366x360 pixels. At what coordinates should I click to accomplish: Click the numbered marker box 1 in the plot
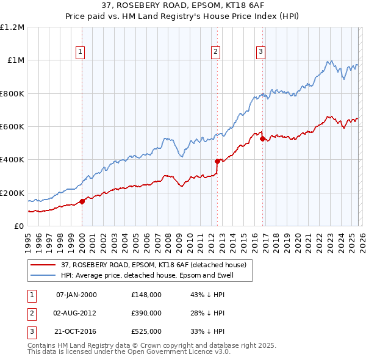pyautogui.click(x=81, y=52)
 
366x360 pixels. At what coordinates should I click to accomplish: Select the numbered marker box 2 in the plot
pyautogui.click(x=216, y=52)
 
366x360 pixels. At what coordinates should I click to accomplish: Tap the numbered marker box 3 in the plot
pyautogui.click(x=260, y=52)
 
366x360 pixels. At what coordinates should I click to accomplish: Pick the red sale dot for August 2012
pyautogui.click(x=217, y=162)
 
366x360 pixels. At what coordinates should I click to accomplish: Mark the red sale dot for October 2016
pyautogui.click(x=262, y=139)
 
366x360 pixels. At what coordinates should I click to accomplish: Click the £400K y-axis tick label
pyautogui.click(x=12, y=160)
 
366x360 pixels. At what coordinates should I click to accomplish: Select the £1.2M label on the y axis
pyautogui.click(x=12, y=27)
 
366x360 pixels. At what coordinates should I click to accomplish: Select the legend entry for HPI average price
pyautogui.click(x=147, y=275)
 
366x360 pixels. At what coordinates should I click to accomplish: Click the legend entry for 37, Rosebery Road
pyautogui.click(x=153, y=265)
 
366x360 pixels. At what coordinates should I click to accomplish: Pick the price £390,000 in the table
pyautogui.click(x=146, y=313)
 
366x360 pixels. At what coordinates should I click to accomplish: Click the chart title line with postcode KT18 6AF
pyautogui.click(x=183, y=7)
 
